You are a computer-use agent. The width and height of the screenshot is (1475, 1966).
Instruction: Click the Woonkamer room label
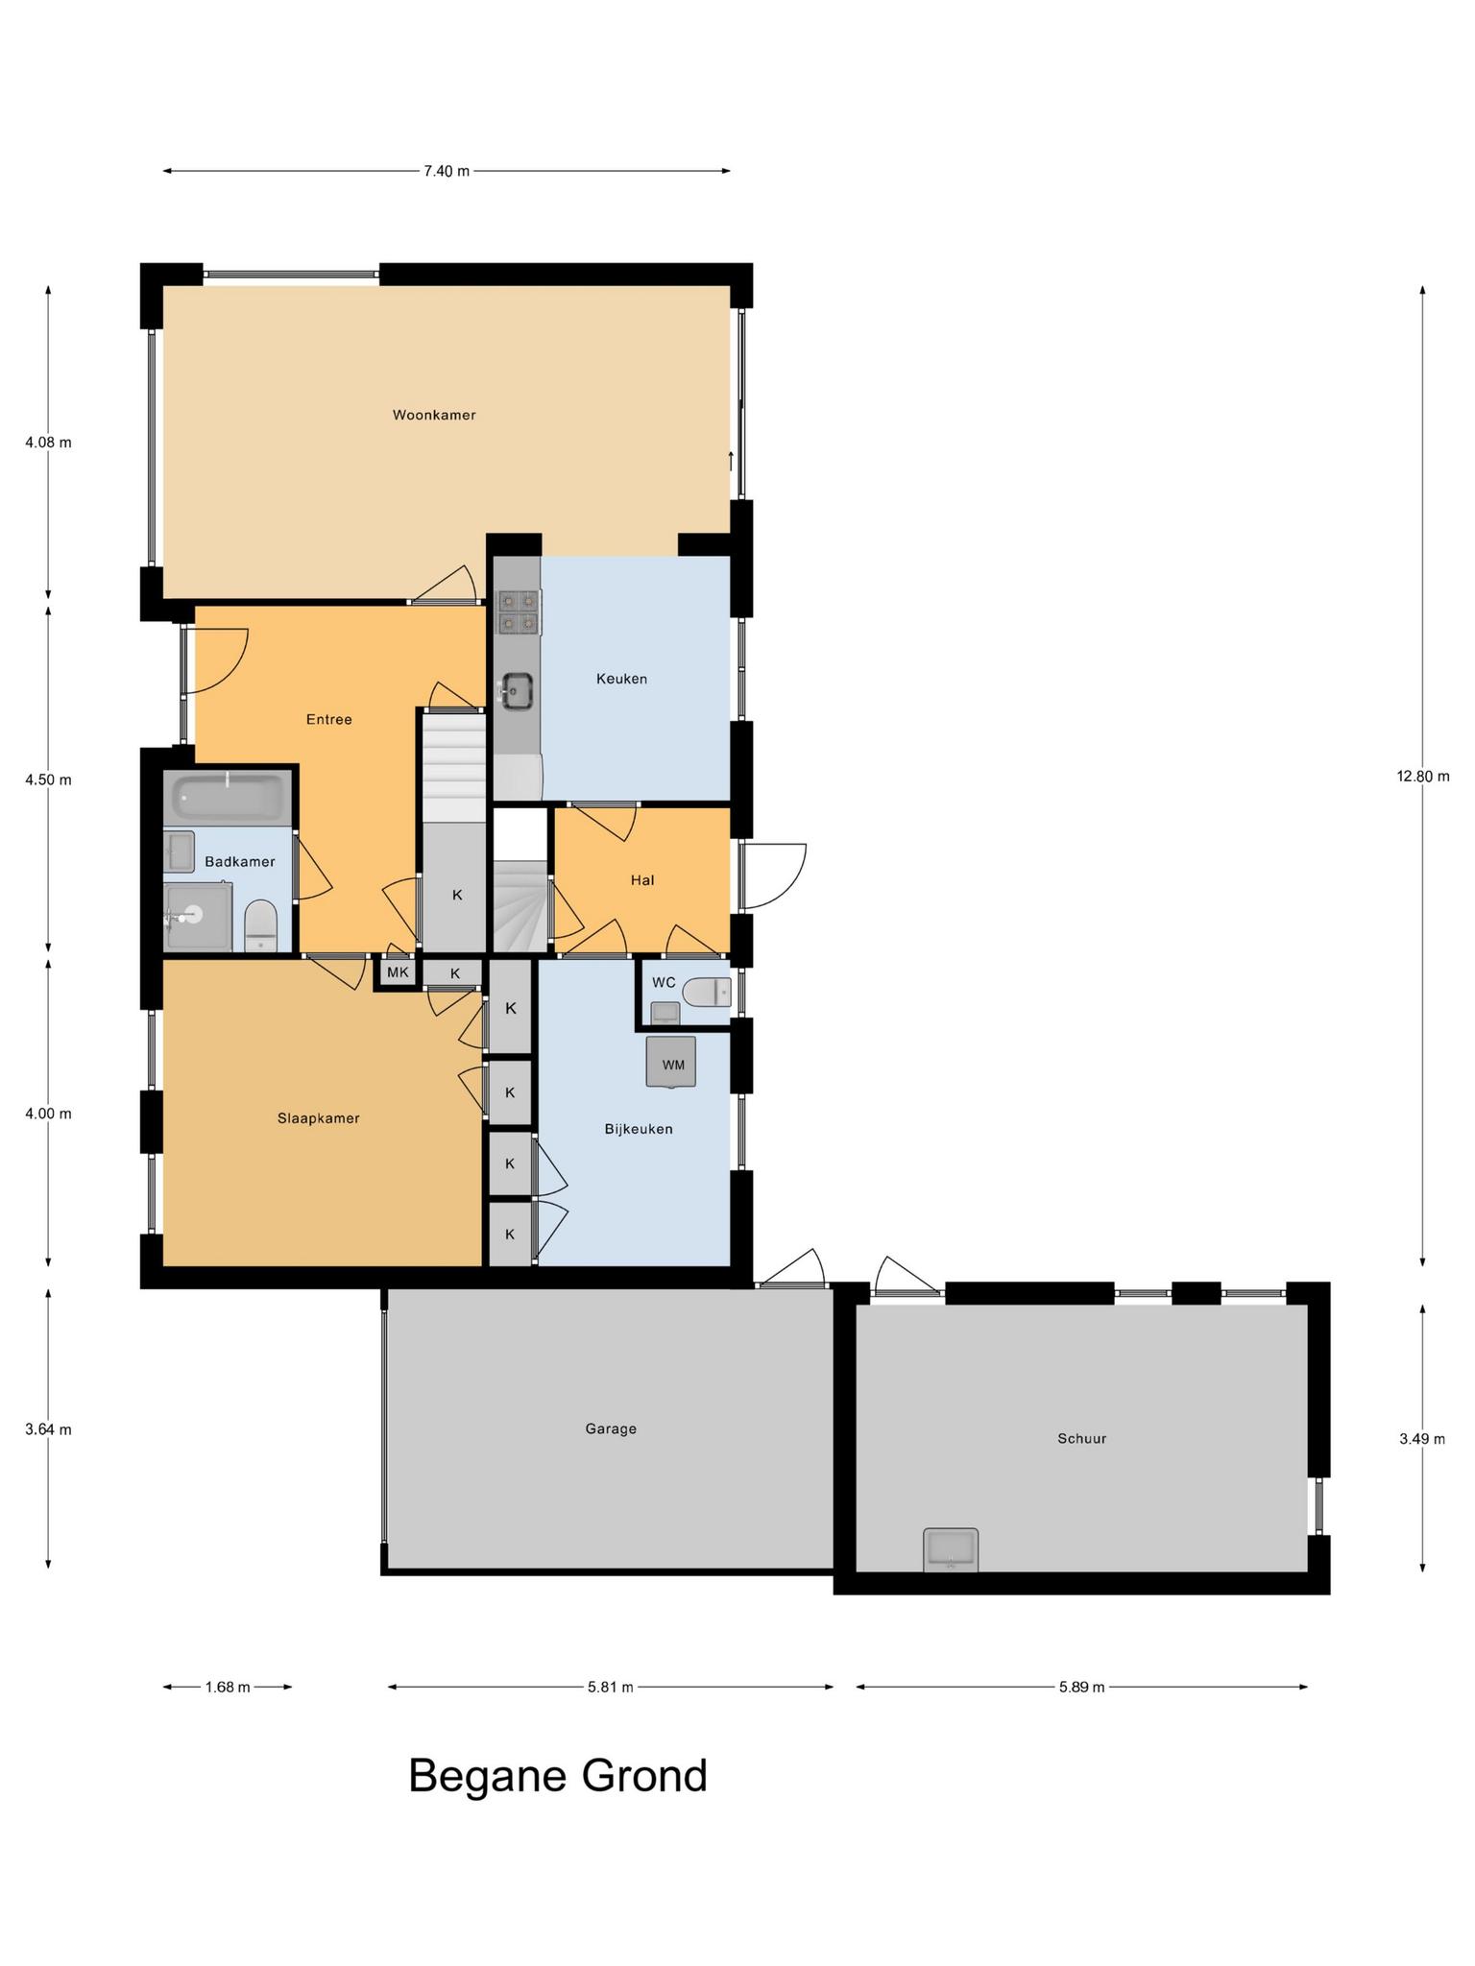click(x=434, y=416)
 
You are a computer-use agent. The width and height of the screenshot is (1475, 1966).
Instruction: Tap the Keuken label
click(x=621, y=679)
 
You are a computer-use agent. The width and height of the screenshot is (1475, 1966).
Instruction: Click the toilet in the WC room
click(x=706, y=992)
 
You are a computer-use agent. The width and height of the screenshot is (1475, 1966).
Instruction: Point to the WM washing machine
click(x=671, y=1063)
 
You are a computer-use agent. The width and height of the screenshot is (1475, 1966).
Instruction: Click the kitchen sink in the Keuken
click(x=517, y=689)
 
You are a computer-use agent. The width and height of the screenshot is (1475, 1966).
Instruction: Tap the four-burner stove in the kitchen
click(x=518, y=612)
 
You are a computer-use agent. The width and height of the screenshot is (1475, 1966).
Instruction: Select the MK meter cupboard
click(x=398, y=972)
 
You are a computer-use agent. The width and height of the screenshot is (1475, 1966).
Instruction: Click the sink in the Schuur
click(x=951, y=1549)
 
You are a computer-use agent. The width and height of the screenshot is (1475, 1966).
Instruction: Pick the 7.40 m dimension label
click(x=447, y=172)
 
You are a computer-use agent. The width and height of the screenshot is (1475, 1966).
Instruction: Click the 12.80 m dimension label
click(x=1422, y=777)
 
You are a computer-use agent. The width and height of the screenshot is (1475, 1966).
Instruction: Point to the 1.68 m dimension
click(x=228, y=1687)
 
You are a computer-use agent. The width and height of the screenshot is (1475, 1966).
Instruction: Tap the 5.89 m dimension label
click(x=1081, y=1687)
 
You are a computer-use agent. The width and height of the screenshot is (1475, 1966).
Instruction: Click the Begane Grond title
click(x=558, y=1776)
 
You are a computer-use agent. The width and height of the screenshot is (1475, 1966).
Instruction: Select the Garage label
click(x=611, y=1428)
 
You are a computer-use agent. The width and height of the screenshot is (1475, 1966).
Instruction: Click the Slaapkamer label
click(x=318, y=1118)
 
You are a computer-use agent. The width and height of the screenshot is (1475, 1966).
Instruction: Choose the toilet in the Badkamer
click(x=260, y=924)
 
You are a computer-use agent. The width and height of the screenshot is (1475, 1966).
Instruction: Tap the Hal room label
click(x=642, y=879)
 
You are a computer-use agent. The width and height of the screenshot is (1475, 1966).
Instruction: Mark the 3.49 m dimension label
click(x=1422, y=1439)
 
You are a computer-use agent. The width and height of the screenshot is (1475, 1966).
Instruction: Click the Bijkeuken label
click(x=639, y=1129)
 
